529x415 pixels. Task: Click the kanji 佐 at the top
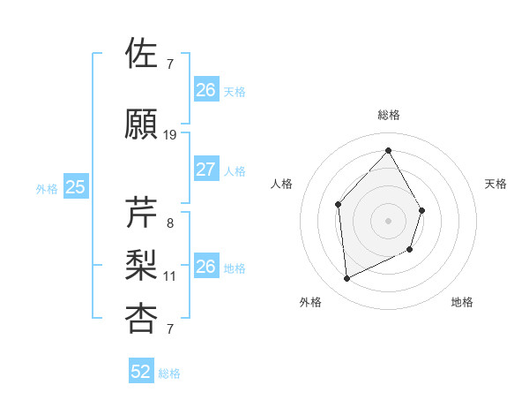142,54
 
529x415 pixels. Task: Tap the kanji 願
142,125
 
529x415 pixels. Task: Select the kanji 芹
142,213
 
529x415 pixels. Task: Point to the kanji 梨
142,266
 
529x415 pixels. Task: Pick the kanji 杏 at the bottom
142,319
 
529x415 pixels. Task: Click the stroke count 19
170,135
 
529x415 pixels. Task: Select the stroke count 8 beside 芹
169,223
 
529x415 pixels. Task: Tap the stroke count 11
170,276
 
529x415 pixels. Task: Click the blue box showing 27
205,170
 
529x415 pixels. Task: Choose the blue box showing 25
75,187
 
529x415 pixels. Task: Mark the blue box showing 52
141,373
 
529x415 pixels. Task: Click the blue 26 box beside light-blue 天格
205,90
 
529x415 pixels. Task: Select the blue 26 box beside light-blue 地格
205,267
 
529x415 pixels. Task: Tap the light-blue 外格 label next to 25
47,188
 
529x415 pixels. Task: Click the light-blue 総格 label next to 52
169,373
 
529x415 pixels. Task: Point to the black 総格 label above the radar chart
388,115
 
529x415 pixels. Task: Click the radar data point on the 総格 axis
388,150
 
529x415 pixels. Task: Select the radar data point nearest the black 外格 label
346,279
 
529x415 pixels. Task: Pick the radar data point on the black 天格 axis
422,210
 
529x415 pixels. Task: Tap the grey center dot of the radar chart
388,221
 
